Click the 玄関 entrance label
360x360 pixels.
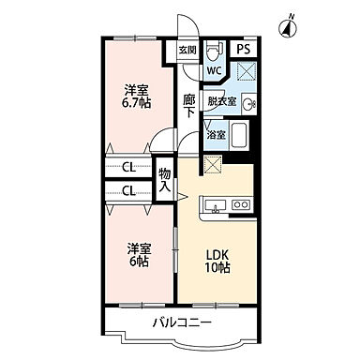pyautogui.click(x=186, y=51)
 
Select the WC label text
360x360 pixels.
pyautogui.click(x=213, y=70)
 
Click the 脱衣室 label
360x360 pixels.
pyautogui.click(x=220, y=103)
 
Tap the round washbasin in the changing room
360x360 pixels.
pyautogui.click(x=247, y=103)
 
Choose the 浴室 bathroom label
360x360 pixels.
pyautogui.click(x=216, y=135)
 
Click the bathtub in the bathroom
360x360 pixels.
pyautogui.click(x=240, y=135)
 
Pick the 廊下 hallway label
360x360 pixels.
pyautogui.click(x=188, y=105)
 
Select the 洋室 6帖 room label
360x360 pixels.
pyautogui.click(x=139, y=254)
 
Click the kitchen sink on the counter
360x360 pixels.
pyautogui.click(x=217, y=205)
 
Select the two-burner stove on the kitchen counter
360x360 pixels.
pyautogui.click(x=240, y=204)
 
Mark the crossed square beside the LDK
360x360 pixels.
pyautogui.click(x=213, y=166)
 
